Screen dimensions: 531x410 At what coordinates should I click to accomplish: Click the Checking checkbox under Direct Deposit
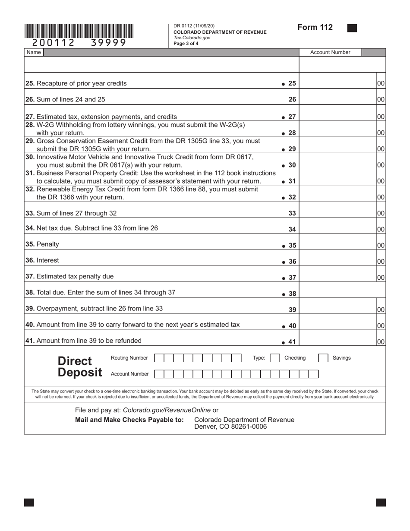pos(275,358)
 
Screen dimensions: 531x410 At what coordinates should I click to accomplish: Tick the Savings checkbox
pos(323,358)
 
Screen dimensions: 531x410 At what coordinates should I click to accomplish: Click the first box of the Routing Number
pos(159,358)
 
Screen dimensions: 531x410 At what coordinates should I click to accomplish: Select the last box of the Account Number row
pos(314,374)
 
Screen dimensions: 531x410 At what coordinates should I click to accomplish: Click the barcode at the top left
pos(79,32)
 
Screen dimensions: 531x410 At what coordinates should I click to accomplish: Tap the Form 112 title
pos(315,28)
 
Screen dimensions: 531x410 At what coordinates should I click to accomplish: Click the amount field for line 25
pos(337,83)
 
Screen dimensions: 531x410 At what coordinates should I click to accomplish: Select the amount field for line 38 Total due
pos(342,294)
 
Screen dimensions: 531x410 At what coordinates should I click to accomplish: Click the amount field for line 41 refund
pos(337,341)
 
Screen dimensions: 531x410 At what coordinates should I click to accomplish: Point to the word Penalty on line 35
pos(48,244)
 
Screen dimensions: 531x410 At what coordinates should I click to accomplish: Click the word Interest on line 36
pos(48,260)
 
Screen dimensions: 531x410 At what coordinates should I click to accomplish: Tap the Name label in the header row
pos(34,52)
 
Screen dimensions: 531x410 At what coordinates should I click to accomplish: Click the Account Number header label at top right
pos(330,52)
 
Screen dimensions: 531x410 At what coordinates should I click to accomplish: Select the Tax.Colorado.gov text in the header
pos(192,38)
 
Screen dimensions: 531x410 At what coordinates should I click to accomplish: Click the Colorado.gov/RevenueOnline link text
pos(167,410)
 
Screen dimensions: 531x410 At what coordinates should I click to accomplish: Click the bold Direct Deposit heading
pos(80,367)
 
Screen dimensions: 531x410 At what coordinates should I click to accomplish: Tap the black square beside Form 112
pos(352,28)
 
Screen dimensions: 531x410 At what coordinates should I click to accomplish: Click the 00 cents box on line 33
pos(381,213)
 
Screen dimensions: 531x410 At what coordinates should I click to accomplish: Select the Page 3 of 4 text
pos(186,44)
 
